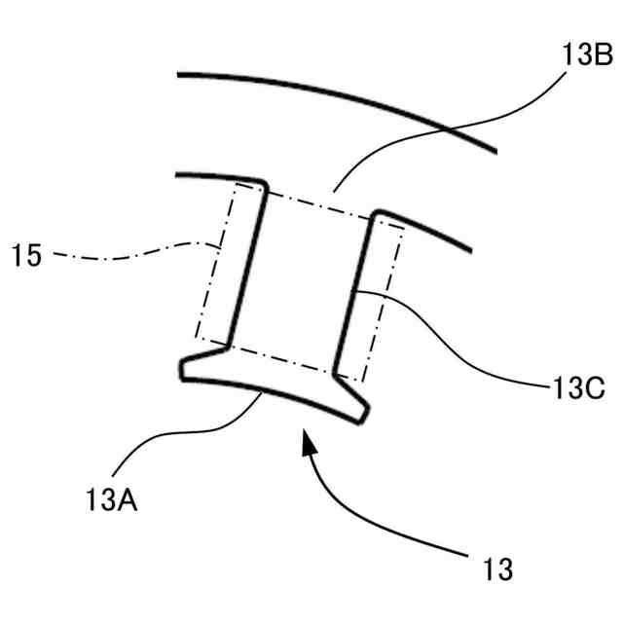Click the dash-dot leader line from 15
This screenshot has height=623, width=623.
pos(127,256)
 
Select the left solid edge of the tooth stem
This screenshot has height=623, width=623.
pos(245,263)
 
